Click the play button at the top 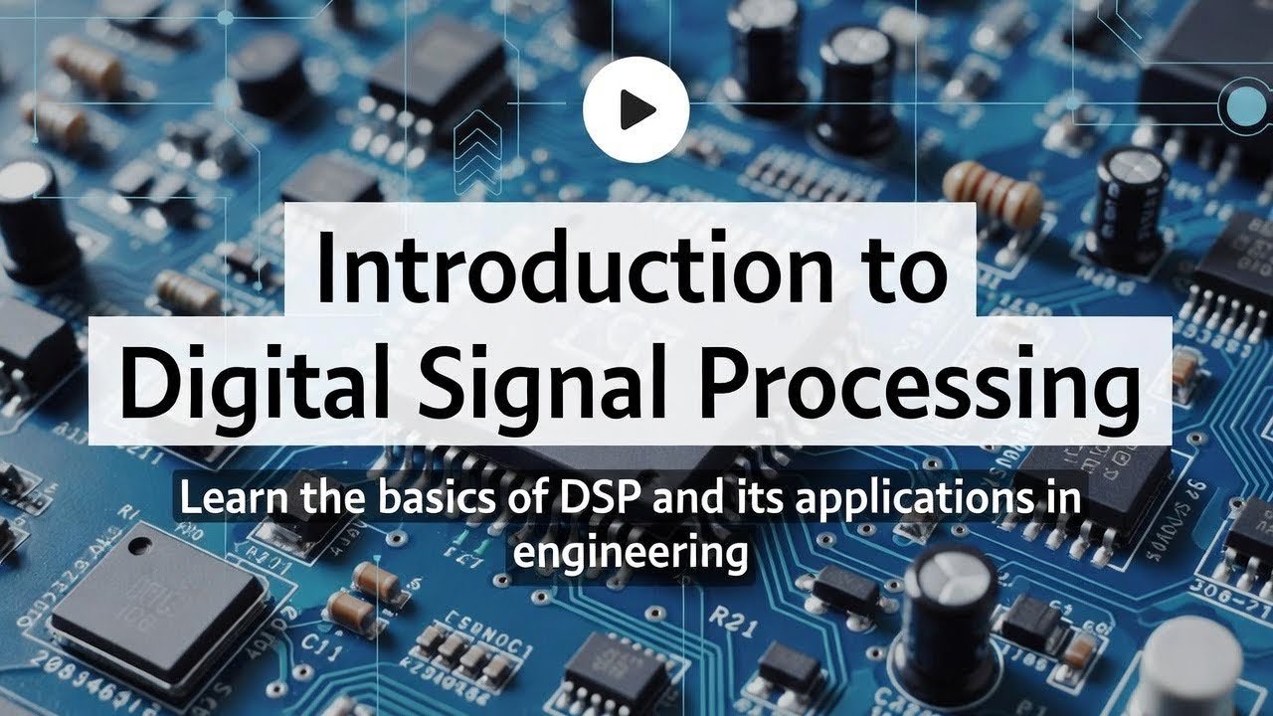coord(636,108)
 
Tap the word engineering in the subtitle coord(630,550)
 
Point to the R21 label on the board coord(729,619)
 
